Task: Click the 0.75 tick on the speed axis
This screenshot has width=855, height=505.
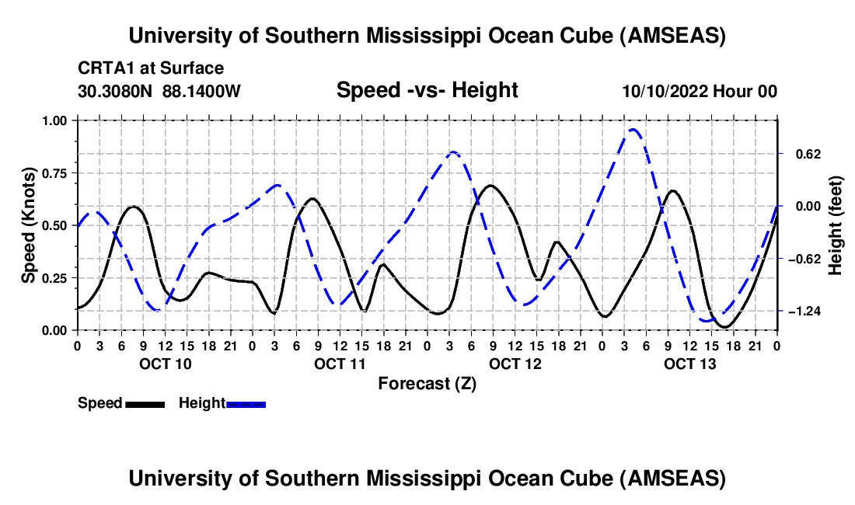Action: pos(55,172)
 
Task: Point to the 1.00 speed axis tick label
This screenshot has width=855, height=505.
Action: pos(55,120)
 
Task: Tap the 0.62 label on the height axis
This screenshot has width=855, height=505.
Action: pos(801,154)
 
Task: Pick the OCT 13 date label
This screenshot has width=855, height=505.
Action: pos(689,364)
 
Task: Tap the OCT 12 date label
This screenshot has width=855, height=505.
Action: pos(514,364)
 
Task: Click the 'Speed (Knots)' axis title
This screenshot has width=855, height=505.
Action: pos(29,225)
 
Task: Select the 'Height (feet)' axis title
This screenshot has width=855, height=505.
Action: pos(836,225)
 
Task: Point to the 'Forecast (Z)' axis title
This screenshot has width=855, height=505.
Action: pos(427,383)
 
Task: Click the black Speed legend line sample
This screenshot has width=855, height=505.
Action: pos(145,403)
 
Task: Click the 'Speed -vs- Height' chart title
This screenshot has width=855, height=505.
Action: pos(427,90)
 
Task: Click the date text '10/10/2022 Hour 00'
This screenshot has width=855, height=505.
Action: pos(700,91)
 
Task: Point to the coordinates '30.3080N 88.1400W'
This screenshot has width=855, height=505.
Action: pos(159,91)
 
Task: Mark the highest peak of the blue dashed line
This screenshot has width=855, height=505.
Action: pos(633,129)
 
